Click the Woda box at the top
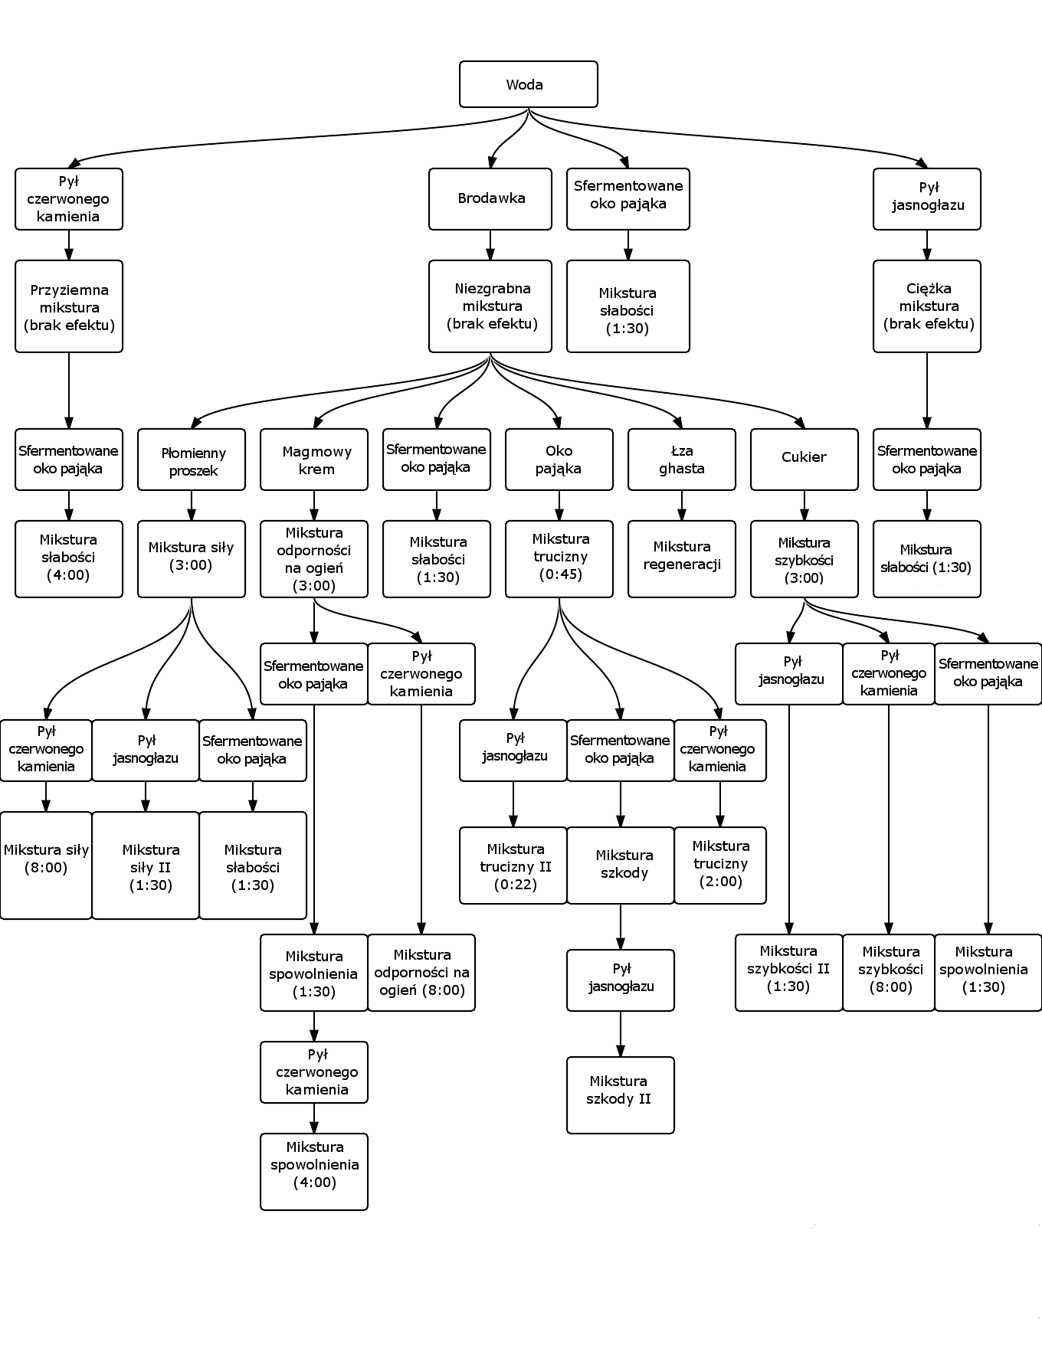[x=528, y=84]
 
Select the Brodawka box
[x=490, y=198]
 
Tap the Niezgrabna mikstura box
[x=490, y=306]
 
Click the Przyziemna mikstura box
[x=69, y=306]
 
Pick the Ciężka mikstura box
[x=927, y=306]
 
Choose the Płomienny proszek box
[x=192, y=460]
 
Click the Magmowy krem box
[x=314, y=460]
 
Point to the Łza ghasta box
[x=682, y=460]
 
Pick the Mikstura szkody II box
[x=621, y=1095]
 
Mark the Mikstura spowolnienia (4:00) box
[x=314, y=1172]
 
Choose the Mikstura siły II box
[x=146, y=865]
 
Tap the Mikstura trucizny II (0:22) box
[x=513, y=865]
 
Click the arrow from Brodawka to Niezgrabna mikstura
[x=490, y=245]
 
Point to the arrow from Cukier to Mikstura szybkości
[x=804, y=505]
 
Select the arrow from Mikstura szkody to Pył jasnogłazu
[x=621, y=927]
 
